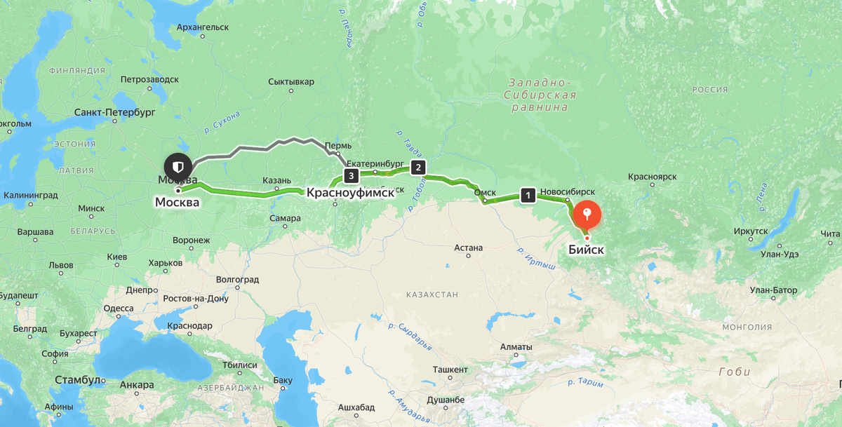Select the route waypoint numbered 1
pos(528,196)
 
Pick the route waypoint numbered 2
pos(418,167)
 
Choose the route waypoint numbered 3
pos(350,175)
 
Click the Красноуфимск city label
pos(350,191)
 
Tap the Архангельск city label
pos(203,27)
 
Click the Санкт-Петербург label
pos(114,112)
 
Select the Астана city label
pos(468,248)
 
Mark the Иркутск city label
pos(751,231)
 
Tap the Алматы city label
pos(516,347)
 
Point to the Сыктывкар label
pos(290,82)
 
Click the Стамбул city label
pos(77,380)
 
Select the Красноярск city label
pos(653,177)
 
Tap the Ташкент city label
pos(450,370)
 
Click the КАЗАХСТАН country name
pos(425,295)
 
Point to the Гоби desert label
pos(734,372)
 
